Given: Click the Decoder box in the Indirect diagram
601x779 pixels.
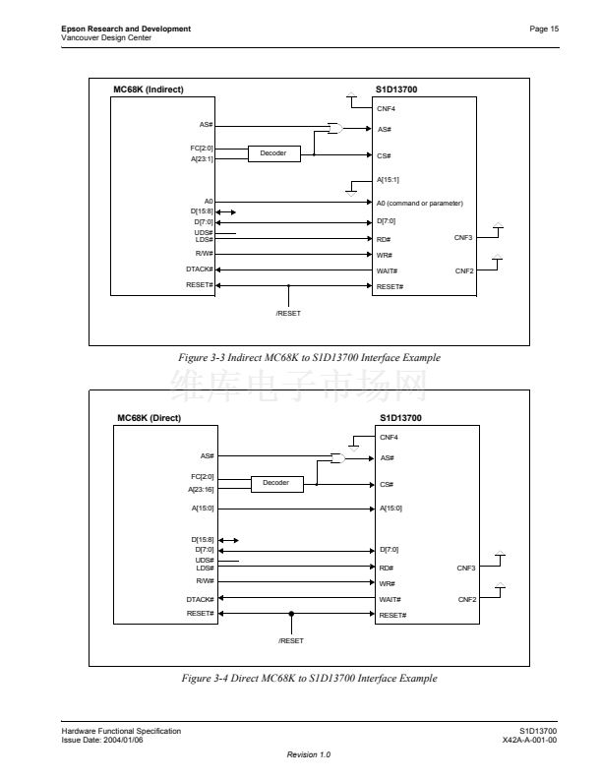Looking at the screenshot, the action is coord(274,153).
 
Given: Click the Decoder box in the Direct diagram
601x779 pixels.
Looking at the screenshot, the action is coord(277,483).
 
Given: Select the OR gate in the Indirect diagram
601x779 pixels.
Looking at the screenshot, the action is coord(335,128).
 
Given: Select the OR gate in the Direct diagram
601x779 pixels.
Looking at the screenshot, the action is coord(338,458).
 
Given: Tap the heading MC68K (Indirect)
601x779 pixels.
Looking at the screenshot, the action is coord(149,90).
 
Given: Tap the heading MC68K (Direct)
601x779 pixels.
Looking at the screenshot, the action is coord(149,418).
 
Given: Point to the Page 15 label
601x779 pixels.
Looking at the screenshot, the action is coord(544,29).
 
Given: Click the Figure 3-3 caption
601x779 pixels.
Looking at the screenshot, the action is coord(310,358).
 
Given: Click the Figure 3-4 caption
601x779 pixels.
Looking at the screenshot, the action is coord(310,678).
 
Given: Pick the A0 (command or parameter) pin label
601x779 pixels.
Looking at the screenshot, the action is coord(420,204).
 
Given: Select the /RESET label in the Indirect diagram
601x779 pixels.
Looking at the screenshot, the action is coord(288,314).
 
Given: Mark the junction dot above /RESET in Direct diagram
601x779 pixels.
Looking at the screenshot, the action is coord(291,614).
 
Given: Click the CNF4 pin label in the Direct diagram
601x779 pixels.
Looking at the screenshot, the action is coord(389,437).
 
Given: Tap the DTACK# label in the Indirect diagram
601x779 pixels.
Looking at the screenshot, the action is coord(200,270).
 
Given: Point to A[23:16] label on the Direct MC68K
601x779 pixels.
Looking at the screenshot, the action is coord(202,490).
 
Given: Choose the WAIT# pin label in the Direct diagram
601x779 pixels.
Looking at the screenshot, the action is coord(390,600).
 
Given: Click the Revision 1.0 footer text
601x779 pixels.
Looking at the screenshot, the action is coord(309,754).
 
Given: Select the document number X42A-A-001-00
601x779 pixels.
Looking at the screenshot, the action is coord(529,741).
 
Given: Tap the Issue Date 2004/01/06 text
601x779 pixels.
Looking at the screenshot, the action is coord(102,741).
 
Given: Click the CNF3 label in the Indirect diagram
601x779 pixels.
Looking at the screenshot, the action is coord(463,238).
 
